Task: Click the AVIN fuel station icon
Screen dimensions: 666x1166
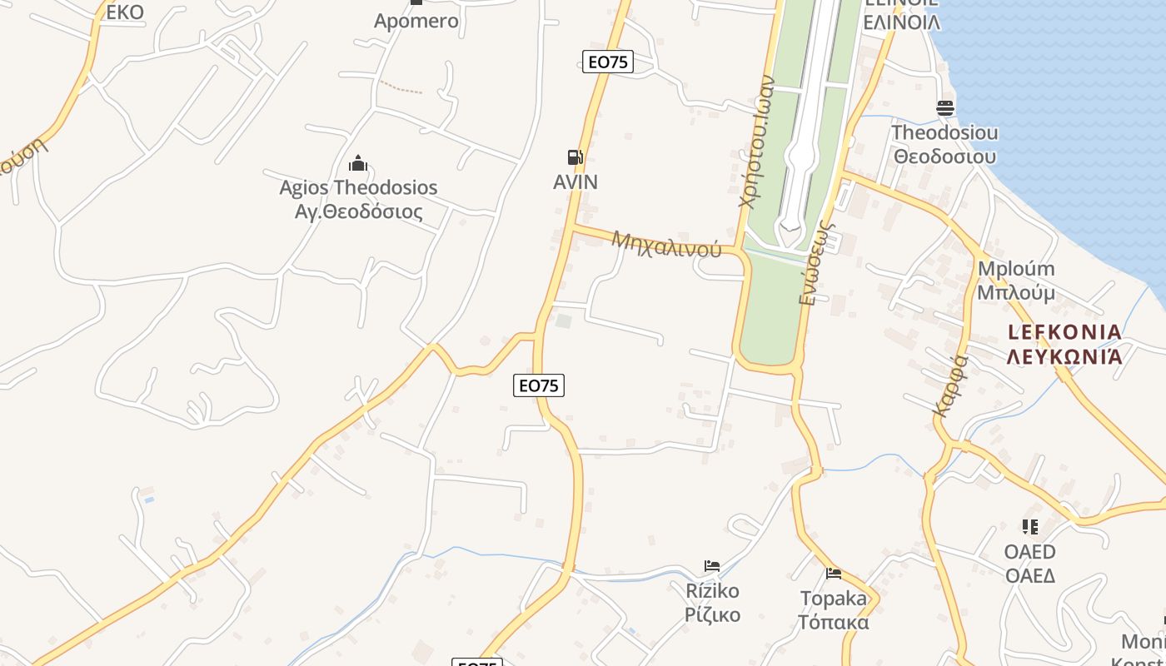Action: (575, 157)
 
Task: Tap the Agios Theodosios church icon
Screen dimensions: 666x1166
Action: (358, 163)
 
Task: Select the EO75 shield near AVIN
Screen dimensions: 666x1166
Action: (607, 62)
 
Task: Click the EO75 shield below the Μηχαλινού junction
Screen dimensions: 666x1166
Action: (538, 385)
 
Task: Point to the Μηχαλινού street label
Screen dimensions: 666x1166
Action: (666, 244)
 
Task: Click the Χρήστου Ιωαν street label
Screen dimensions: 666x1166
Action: (757, 142)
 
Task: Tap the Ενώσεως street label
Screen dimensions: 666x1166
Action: (817, 262)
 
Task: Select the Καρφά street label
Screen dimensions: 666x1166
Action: (950, 385)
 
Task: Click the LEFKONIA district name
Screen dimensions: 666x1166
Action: (1064, 332)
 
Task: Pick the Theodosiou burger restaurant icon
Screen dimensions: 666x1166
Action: (944, 108)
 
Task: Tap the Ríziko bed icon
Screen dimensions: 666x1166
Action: (712, 566)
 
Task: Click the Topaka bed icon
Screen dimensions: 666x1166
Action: (834, 573)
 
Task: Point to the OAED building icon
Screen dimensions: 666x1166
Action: (1030, 527)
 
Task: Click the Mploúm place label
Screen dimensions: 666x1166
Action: (1016, 269)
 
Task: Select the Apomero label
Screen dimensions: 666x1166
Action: (416, 21)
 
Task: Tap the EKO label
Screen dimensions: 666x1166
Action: (125, 12)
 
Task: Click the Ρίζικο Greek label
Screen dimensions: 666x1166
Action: (712, 615)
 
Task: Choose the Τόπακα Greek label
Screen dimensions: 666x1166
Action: (834, 622)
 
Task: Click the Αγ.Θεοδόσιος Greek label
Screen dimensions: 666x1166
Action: (359, 211)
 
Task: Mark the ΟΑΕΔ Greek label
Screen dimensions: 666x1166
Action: (1030, 575)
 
